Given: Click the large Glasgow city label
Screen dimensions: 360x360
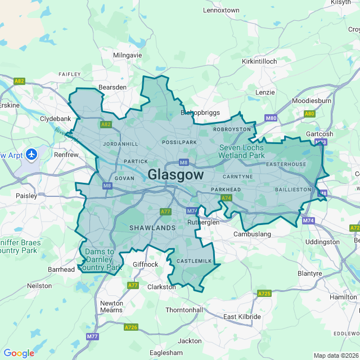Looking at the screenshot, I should click(175, 175).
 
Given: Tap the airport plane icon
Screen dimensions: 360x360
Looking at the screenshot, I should click(31, 154).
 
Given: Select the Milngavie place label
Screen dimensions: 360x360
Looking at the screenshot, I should click(127, 55).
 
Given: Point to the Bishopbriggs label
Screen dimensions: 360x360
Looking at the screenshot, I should click(200, 112).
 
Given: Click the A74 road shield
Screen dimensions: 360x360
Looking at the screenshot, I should click(226, 198).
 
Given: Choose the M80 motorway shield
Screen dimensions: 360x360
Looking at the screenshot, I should click(271, 118).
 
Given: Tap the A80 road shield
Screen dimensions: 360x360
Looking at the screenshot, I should click(309, 114).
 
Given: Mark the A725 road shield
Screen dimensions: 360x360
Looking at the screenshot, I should click(264, 294).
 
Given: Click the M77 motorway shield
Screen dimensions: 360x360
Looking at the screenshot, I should click(92, 336).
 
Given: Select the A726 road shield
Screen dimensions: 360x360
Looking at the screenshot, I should click(131, 327).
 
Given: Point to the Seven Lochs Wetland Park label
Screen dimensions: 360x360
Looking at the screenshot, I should click(241, 151).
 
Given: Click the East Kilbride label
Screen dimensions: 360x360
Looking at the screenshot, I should click(242, 317).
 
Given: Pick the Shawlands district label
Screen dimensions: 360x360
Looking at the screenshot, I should click(152, 228).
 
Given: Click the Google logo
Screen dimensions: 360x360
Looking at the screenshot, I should click(19, 353).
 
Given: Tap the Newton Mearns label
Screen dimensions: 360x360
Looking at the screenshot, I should click(111, 307).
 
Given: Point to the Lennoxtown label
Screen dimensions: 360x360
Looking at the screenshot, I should click(221, 10).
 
